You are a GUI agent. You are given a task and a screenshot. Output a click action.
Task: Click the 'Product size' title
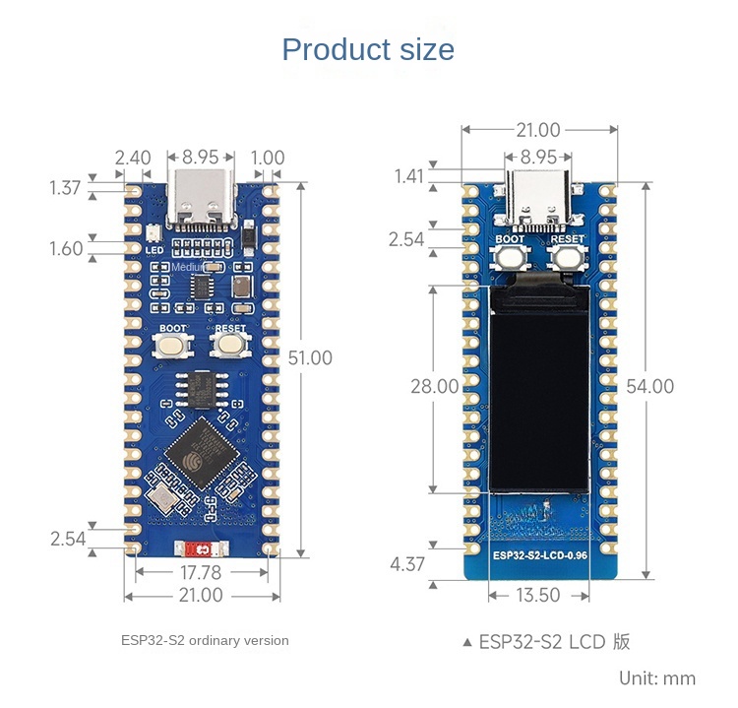pos(368,49)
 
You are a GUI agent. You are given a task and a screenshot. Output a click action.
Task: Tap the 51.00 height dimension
pos(310,357)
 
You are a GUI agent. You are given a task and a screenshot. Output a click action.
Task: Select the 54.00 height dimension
pos(649,386)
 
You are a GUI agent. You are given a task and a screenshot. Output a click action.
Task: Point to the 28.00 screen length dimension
pos(434,386)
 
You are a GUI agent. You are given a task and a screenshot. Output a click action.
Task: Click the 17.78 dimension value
pos(200,572)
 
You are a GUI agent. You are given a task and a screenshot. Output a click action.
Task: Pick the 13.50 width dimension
pos(537,595)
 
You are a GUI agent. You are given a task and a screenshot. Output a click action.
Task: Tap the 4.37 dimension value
pos(407,564)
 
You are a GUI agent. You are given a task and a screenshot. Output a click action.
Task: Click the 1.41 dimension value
pos(408,176)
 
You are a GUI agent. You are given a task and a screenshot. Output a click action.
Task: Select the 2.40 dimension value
pos(133,158)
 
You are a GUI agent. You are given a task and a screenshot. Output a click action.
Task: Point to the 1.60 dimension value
pos(66,248)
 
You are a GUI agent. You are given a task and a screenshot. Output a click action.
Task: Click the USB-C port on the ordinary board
pos(202,195)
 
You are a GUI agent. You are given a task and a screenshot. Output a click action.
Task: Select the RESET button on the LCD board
pos(567,257)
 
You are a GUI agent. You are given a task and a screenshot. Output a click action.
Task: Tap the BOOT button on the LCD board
pos(510,257)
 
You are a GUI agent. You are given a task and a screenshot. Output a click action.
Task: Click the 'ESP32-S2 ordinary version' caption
pos(205,640)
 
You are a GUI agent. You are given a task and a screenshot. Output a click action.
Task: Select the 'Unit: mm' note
pos(657,677)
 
